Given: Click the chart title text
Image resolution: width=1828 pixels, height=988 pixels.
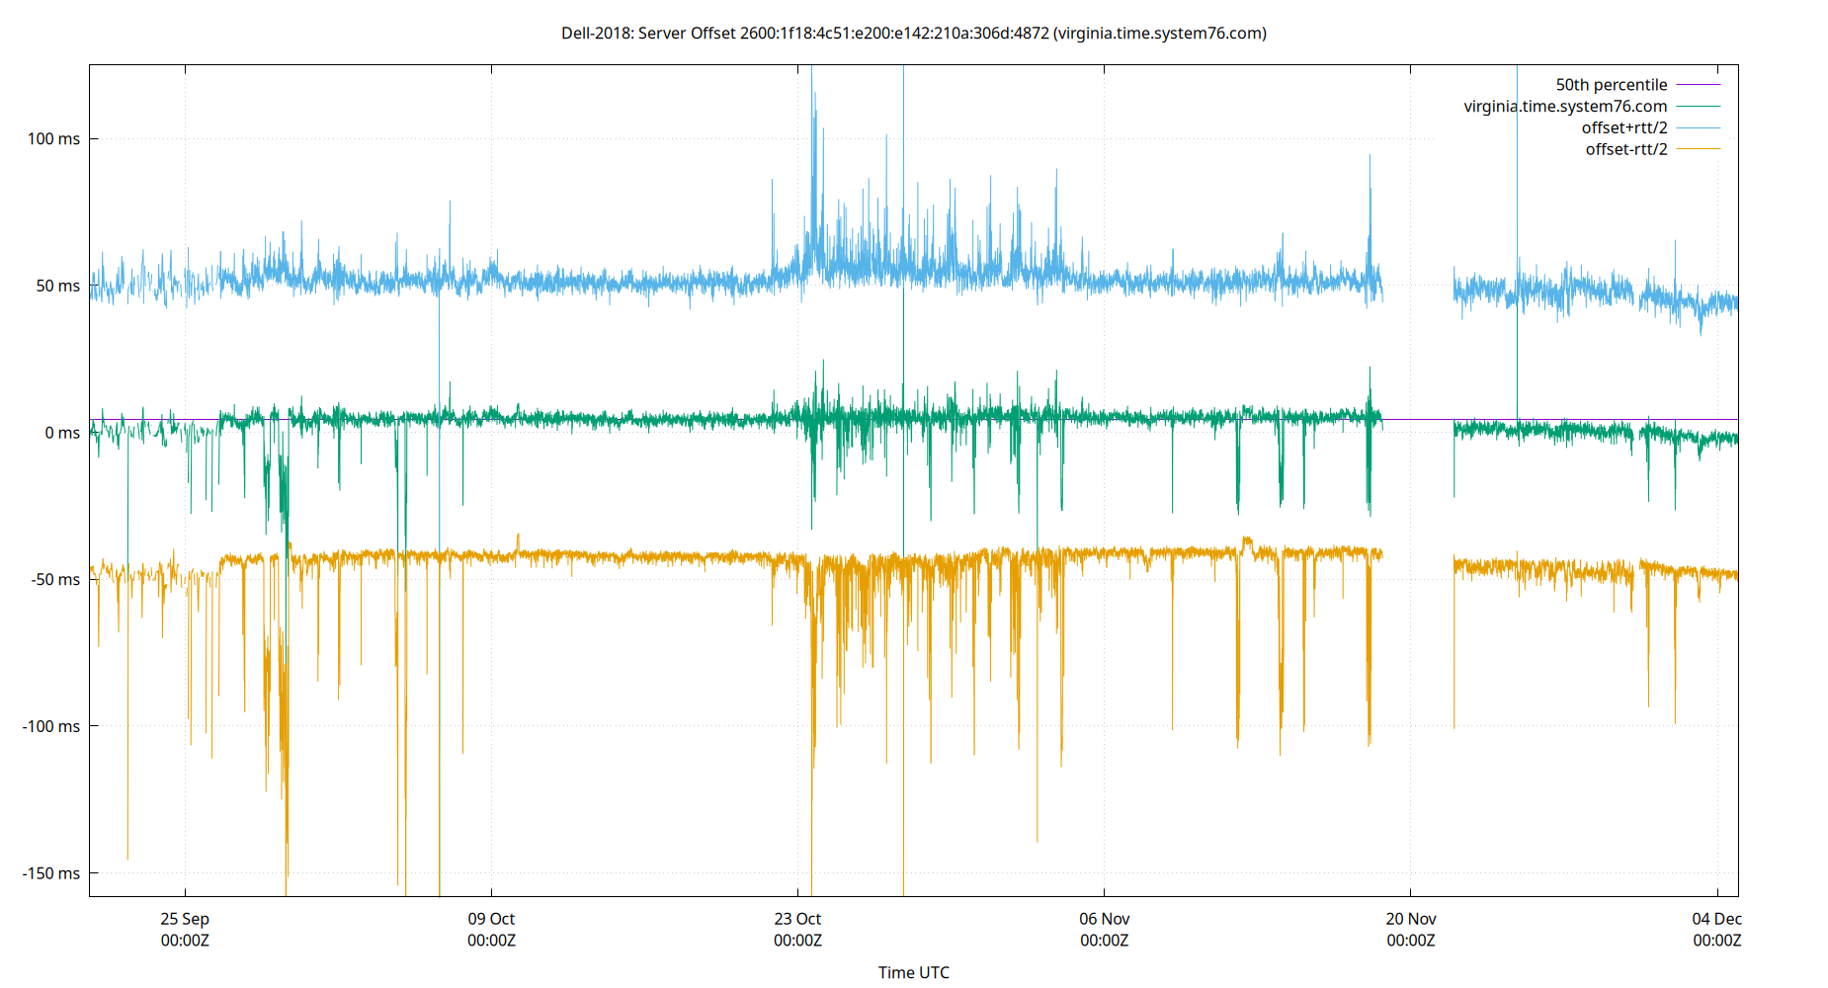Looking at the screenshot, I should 913,34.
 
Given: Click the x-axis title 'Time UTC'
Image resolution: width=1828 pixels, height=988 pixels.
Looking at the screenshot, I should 913,972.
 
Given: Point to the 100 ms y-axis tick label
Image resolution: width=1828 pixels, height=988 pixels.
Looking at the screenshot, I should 53,139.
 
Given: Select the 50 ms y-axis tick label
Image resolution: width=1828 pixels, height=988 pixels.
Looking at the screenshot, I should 57,287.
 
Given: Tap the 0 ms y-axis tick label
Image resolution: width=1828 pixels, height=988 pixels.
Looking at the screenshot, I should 62,433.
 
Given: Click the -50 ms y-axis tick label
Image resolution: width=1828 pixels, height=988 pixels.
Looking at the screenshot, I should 55,580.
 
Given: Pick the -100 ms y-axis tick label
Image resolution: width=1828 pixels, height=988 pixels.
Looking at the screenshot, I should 51,727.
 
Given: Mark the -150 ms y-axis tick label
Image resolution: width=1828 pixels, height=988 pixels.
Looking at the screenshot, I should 51,873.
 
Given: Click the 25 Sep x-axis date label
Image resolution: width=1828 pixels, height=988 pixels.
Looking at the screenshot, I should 185,920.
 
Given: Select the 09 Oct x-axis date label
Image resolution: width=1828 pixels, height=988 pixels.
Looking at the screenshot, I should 491,920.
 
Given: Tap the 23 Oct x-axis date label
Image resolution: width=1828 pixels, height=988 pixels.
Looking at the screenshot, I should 797,920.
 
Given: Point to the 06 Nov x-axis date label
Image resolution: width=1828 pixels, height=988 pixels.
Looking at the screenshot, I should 1104,920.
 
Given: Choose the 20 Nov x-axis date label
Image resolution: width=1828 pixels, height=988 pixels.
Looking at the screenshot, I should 1410,920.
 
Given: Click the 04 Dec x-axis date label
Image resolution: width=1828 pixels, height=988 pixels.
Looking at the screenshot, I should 1716,920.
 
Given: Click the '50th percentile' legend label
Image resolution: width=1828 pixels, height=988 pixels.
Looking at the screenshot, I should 1611,85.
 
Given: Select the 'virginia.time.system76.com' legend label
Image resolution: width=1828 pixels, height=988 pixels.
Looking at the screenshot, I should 1565,107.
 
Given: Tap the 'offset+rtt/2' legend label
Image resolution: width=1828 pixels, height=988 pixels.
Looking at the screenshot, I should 1623,128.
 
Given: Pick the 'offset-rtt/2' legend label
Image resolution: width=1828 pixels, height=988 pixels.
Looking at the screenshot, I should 1625,150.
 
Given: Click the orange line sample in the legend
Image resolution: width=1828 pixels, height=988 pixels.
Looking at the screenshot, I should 1698,150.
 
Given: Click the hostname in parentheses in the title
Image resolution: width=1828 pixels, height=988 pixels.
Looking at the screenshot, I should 1160,34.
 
